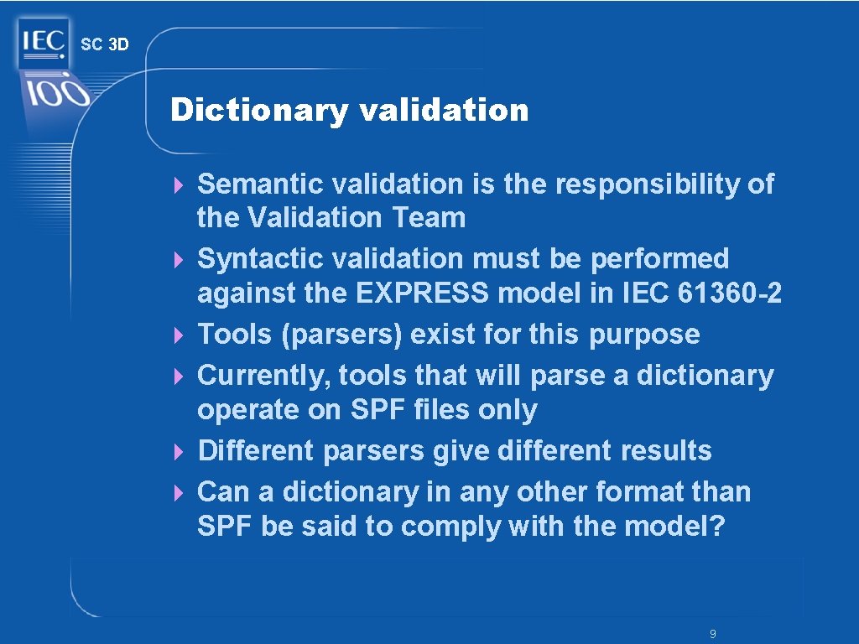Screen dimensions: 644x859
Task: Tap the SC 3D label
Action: [105, 44]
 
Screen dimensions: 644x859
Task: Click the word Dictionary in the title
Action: [258, 110]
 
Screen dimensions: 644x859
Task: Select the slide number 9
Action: [712, 634]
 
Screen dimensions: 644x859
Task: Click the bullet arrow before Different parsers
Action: [178, 452]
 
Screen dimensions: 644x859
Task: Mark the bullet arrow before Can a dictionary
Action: [178, 493]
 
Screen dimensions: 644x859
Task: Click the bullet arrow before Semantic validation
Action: [178, 184]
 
